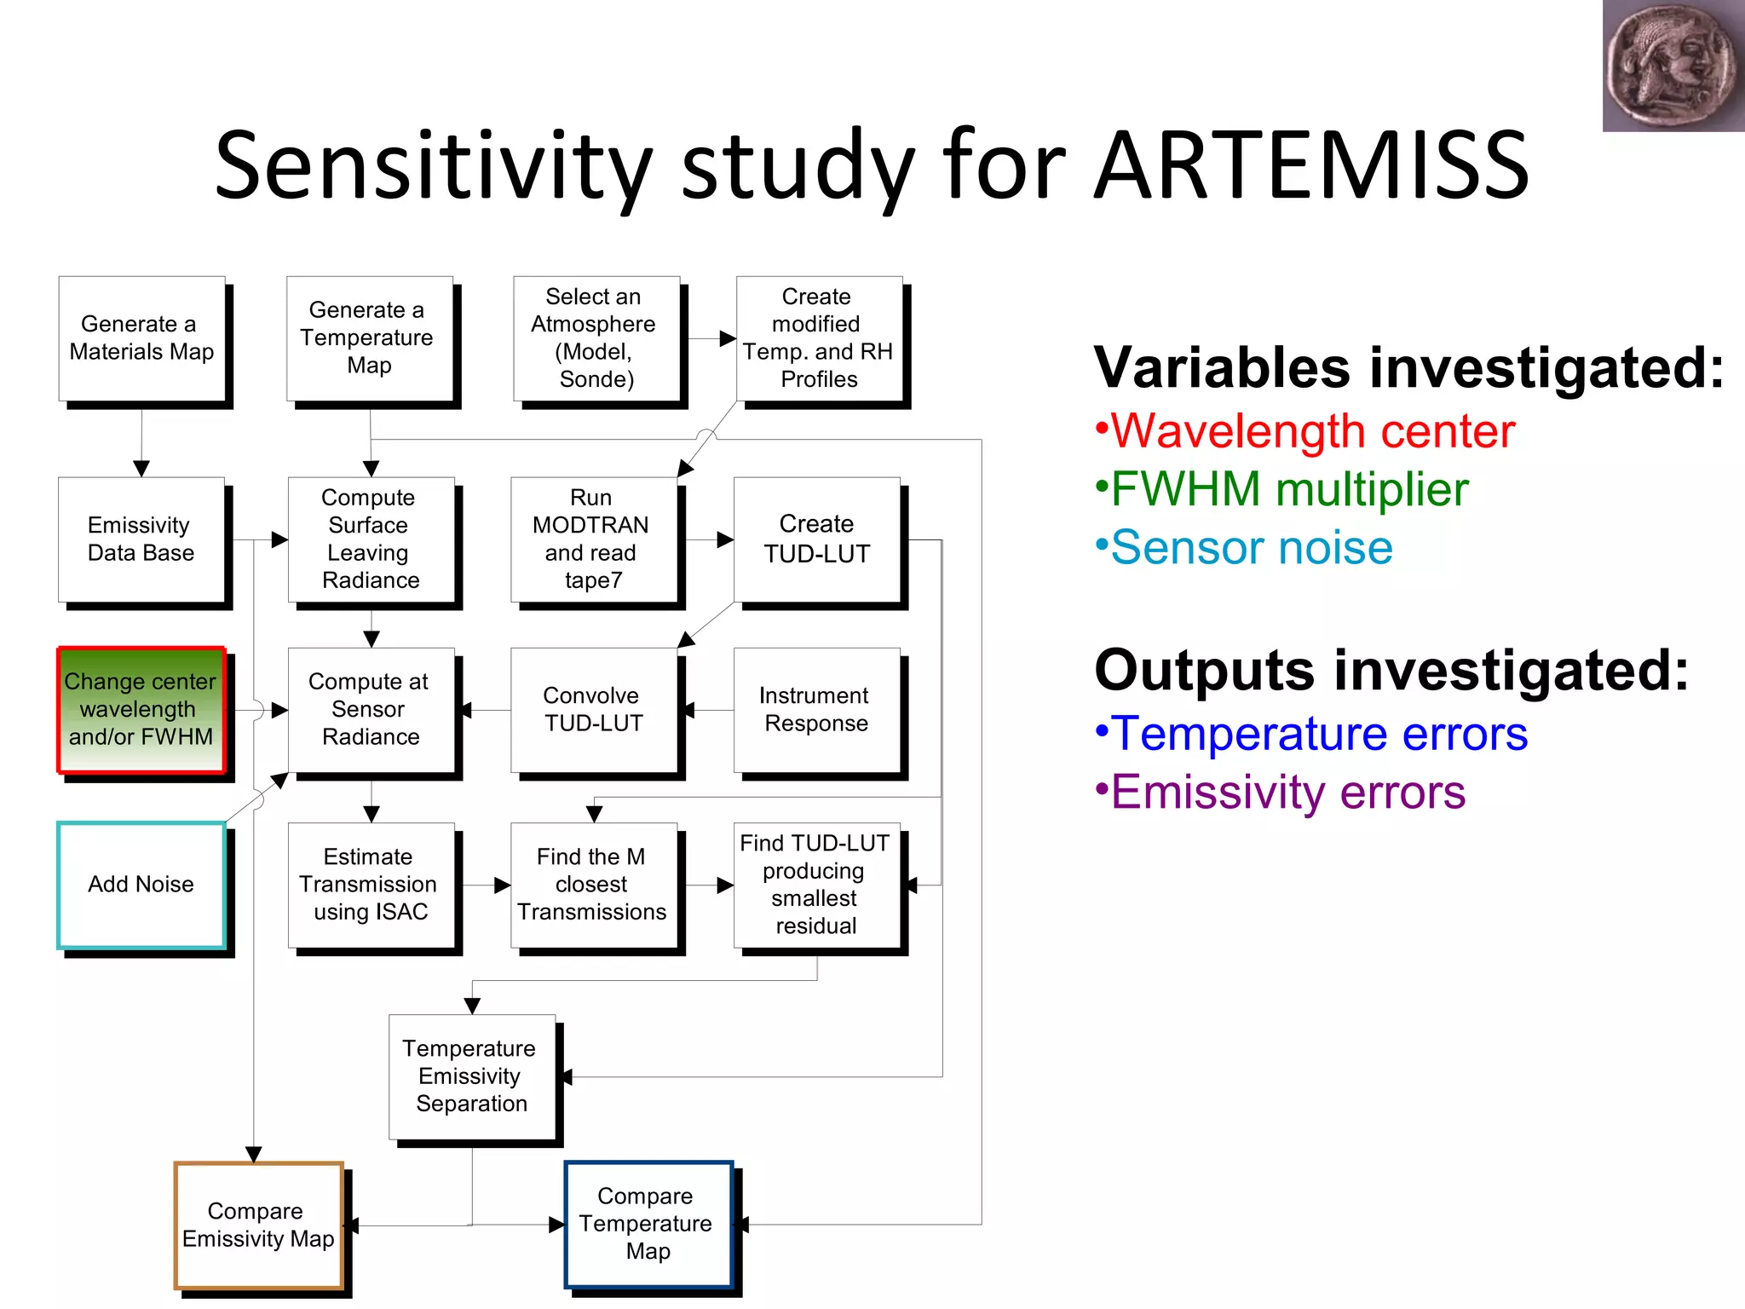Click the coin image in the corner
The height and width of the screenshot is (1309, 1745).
point(1672,66)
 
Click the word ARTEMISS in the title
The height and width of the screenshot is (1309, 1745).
point(1312,166)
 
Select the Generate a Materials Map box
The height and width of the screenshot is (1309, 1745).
point(141,338)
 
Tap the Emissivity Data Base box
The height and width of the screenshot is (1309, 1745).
point(141,539)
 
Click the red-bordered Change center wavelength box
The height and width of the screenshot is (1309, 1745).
point(141,710)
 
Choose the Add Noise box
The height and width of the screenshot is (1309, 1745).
point(141,885)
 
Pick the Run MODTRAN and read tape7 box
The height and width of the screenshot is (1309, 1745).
point(593,539)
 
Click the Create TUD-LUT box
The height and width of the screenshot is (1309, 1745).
point(816,539)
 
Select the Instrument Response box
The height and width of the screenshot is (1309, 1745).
point(816,710)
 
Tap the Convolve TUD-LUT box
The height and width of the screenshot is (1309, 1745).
point(593,710)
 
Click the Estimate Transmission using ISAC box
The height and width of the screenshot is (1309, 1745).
point(370,885)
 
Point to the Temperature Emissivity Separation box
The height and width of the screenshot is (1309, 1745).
point(471,1076)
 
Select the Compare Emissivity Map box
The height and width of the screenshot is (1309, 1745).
point(258,1225)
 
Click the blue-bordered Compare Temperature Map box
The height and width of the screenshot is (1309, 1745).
point(648,1224)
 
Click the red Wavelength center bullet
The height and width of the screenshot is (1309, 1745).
point(1312,431)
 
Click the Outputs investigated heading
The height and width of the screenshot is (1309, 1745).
point(1391,671)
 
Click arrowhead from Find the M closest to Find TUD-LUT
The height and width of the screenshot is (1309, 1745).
point(725,885)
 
